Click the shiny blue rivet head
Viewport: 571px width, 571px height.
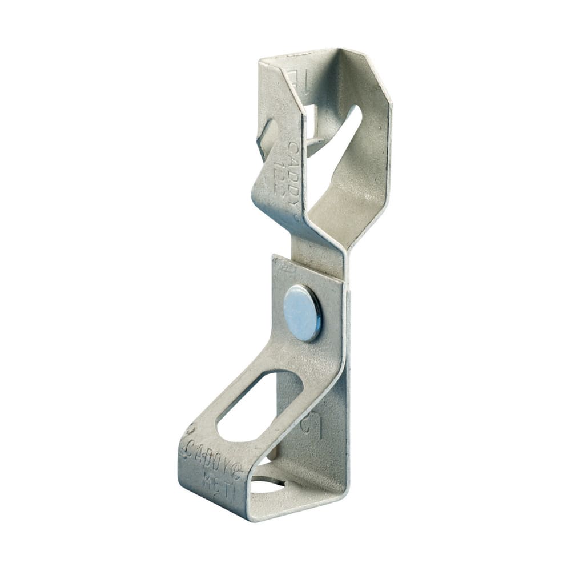[303, 313]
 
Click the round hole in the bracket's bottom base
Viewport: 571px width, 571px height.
[268, 485]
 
